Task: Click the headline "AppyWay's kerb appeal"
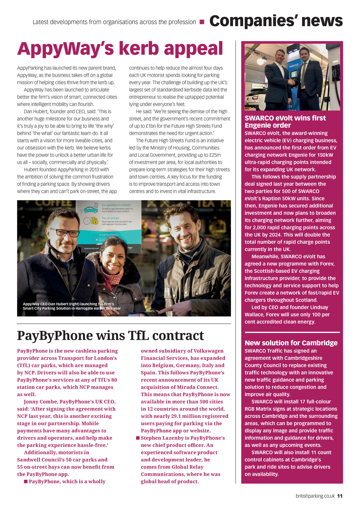coord(120,49)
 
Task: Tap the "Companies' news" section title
coord(276,21)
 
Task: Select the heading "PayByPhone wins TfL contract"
coord(110,335)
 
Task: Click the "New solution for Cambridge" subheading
coord(291,343)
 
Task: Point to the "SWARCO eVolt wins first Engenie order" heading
coord(285,122)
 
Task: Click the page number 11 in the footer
coord(340,496)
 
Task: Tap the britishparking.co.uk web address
coord(315,496)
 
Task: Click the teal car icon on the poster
coord(90,210)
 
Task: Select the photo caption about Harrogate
coord(72,306)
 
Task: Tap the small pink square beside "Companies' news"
coord(202,22)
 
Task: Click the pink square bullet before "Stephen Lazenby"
coord(138,438)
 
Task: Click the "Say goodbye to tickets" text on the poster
coord(116,205)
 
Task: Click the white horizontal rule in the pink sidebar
coord(292,332)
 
